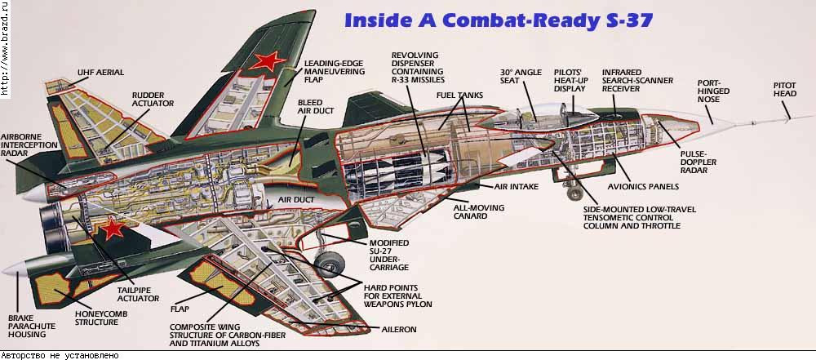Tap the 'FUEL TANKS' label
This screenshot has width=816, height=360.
(x=459, y=96)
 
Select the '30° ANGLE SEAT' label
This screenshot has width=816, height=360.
(x=517, y=78)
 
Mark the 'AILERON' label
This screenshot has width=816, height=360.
(x=399, y=329)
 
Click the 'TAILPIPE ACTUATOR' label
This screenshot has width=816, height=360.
(x=137, y=293)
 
